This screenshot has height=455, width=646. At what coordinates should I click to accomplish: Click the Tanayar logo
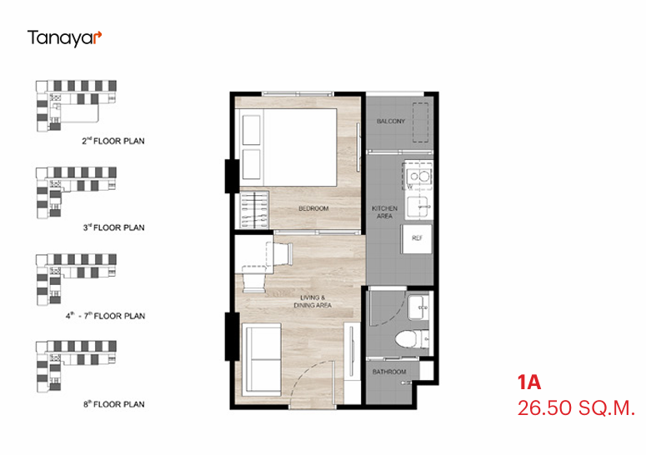tap(64, 38)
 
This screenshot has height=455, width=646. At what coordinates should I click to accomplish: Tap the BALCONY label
tap(391, 121)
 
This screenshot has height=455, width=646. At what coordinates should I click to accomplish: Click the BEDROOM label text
tap(313, 208)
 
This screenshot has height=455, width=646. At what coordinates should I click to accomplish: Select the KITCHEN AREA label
tap(384, 212)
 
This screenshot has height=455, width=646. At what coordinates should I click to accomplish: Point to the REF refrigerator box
tap(417, 238)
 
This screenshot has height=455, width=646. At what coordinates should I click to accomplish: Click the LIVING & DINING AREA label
tap(313, 302)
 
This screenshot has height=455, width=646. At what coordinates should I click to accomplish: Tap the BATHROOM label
tap(389, 372)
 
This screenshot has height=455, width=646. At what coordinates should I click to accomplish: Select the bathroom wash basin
tap(418, 307)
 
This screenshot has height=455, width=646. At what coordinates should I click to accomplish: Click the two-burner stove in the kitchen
tap(418, 177)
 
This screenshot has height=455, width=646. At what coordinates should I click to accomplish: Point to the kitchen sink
tap(418, 207)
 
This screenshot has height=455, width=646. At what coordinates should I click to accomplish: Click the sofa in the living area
tap(262, 359)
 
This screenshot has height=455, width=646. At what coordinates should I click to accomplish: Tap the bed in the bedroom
tap(288, 147)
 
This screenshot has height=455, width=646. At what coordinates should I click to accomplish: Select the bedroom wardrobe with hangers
tap(253, 210)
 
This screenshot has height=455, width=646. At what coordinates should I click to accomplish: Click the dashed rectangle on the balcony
tap(421, 122)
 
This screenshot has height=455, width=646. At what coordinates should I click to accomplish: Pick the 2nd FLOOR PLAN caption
tap(113, 141)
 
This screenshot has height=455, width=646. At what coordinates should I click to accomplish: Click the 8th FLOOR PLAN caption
tap(114, 404)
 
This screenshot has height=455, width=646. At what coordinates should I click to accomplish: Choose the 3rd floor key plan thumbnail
tap(76, 192)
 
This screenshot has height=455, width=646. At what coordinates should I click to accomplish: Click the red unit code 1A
tap(529, 382)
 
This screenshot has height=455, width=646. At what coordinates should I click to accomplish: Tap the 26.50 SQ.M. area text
tap(576, 408)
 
